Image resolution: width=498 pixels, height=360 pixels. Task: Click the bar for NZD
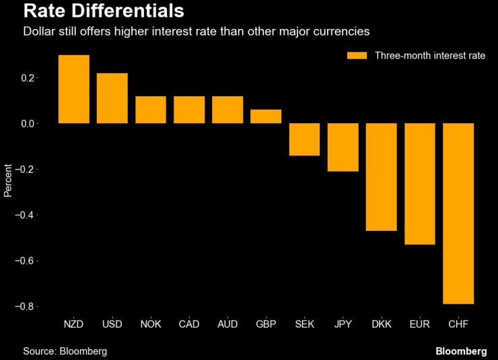click(x=73, y=89)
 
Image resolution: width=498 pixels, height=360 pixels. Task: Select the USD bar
click(x=112, y=98)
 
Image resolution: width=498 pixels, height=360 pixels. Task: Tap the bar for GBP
click(x=266, y=116)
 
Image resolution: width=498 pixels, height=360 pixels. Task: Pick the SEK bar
click(x=304, y=139)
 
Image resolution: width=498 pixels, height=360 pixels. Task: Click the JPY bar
click(x=343, y=147)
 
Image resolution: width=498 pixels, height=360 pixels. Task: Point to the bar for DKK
click(x=381, y=177)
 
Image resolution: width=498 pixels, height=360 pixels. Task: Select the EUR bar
click(x=420, y=184)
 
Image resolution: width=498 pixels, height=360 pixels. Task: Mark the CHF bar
click(x=458, y=213)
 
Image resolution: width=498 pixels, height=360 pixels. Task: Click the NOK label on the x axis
click(x=150, y=325)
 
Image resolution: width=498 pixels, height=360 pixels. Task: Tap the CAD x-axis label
click(x=188, y=325)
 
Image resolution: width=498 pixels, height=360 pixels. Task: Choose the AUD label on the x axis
click(x=227, y=325)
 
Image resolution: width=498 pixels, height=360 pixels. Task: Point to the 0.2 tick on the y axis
click(x=28, y=78)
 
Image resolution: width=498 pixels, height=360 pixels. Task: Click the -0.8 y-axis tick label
click(x=26, y=306)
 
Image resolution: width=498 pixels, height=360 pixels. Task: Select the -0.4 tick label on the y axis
click(x=26, y=215)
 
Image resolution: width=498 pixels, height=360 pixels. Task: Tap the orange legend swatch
click(x=357, y=55)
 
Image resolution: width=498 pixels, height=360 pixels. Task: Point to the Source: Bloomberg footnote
click(x=65, y=351)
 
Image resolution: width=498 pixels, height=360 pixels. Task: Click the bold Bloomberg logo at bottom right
click(x=461, y=351)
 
